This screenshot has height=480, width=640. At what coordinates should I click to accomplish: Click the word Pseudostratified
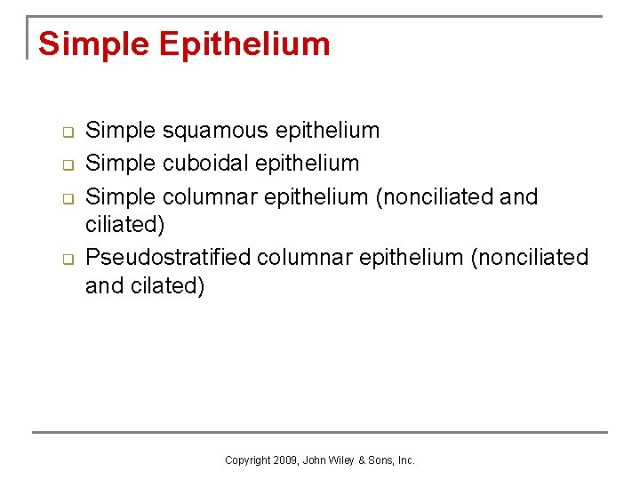pyautogui.click(x=167, y=258)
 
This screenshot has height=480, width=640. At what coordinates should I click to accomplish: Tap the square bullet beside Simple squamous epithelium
pyautogui.click(x=66, y=132)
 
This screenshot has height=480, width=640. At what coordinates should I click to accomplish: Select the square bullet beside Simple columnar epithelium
pyautogui.click(x=66, y=197)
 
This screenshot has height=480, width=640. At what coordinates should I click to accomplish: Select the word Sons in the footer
pyautogui.click(x=379, y=460)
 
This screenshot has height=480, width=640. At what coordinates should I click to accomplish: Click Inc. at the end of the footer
pyautogui.click(x=405, y=460)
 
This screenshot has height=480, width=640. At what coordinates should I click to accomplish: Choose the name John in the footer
pyautogui.click(x=314, y=460)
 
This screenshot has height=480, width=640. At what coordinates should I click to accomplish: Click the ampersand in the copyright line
pyautogui.click(x=361, y=460)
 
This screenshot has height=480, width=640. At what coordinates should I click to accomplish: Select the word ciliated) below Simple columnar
pyautogui.click(x=124, y=225)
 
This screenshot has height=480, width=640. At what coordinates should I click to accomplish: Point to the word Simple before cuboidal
pyautogui.click(x=121, y=163)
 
